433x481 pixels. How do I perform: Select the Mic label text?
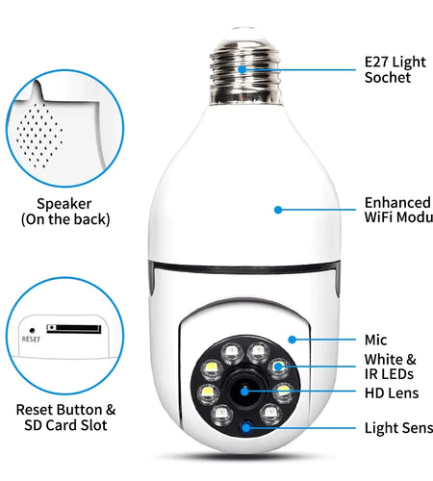tap(376, 340)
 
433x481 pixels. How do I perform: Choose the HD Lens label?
tap(390, 392)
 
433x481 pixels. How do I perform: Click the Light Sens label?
tap(397, 428)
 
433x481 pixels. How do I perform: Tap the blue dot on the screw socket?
tap(241, 69)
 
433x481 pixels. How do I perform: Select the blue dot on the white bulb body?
tap(278, 209)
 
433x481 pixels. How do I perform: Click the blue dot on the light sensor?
tap(245, 427)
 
